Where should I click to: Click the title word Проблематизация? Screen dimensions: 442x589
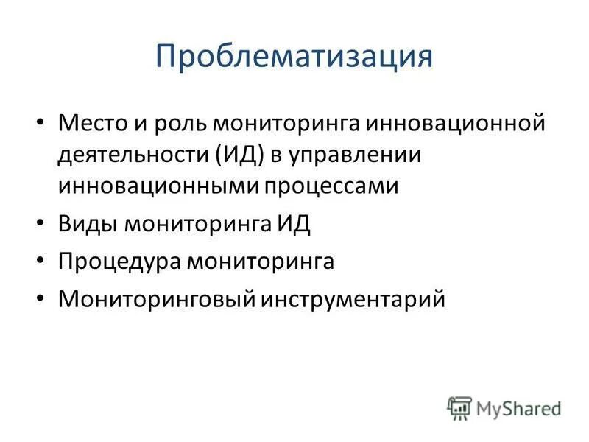tap(294, 57)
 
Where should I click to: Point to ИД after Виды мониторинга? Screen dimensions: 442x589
tap(293, 223)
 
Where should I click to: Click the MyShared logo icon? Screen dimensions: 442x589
tap(459, 407)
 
